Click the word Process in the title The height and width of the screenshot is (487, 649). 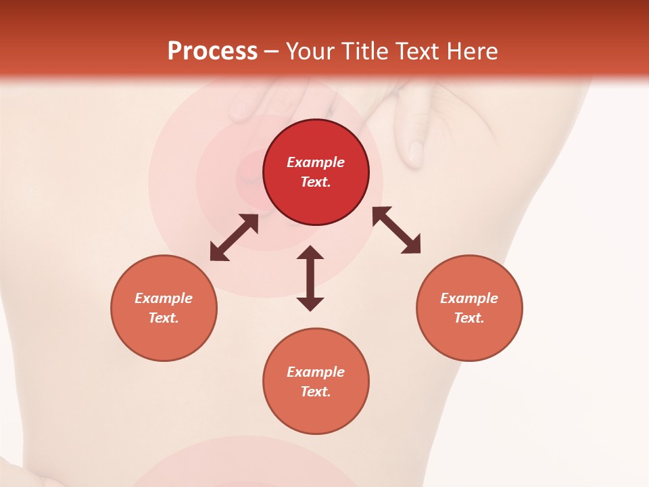tap(212, 51)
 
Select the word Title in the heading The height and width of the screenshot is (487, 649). tap(366, 51)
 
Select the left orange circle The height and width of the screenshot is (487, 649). tap(164, 338)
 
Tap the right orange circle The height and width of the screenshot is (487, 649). tap(469, 338)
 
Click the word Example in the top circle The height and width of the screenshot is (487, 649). tap(316, 162)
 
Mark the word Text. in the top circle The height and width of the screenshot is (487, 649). tap(316, 182)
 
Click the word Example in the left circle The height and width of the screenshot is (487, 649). tap(164, 298)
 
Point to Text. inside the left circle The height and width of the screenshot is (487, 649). tap(164, 318)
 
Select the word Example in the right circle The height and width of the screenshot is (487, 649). tap(469, 298)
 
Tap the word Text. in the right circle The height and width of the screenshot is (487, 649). tap(469, 318)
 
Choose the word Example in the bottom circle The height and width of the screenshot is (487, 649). tap(316, 372)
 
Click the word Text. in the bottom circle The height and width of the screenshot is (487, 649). tap(316, 392)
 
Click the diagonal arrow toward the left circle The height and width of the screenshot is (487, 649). tap(234, 237)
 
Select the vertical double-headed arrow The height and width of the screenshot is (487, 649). tap(310, 278)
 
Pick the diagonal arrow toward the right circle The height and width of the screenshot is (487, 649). tap(397, 230)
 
